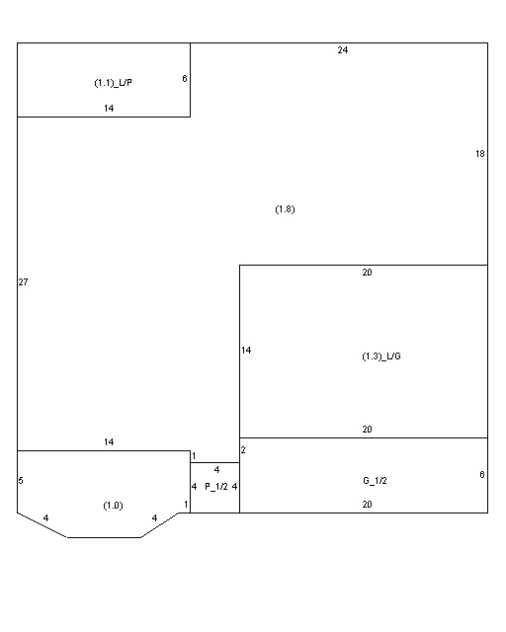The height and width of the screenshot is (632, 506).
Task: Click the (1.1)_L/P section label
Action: pyautogui.click(x=113, y=83)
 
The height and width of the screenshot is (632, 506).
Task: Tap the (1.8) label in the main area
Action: pyautogui.click(x=285, y=209)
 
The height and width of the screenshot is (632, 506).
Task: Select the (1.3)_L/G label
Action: pyautogui.click(x=381, y=356)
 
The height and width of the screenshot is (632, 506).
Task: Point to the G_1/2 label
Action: pyautogui.click(x=375, y=481)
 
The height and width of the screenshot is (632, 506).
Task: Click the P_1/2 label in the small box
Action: pyautogui.click(x=216, y=487)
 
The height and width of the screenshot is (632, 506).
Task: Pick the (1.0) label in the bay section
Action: pyautogui.click(x=113, y=506)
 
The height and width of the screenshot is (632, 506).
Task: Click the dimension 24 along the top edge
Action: pyautogui.click(x=343, y=50)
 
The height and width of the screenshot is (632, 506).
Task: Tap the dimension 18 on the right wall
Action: pyautogui.click(x=479, y=154)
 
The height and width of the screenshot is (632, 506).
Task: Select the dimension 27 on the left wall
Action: pyautogui.click(x=23, y=282)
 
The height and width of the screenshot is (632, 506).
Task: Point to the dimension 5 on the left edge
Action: pyautogui.click(x=21, y=481)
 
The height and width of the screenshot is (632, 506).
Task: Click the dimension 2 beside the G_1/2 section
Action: pyautogui.click(x=243, y=450)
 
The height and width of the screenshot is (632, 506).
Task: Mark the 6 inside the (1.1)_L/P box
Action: pyautogui.click(x=185, y=79)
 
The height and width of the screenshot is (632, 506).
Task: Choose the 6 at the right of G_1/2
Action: pyautogui.click(x=482, y=475)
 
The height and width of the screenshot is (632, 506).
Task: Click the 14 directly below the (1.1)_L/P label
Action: pyautogui.click(x=109, y=108)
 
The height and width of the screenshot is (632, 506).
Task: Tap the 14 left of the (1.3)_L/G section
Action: pyautogui.click(x=246, y=351)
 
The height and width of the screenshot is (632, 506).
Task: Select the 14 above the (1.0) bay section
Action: pyautogui.click(x=109, y=442)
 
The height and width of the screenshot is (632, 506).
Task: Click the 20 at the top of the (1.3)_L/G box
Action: pyautogui.click(x=367, y=273)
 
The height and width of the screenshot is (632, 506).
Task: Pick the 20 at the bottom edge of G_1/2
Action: pyautogui.click(x=367, y=505)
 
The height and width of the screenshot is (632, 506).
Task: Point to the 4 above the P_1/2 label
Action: pyautogui.click(x=216, y=470)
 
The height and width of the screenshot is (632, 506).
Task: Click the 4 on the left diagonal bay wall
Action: pyautogui.click(x=45, y=517)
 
